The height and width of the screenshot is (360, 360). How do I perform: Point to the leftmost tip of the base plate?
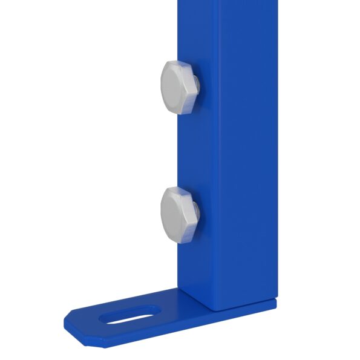point(65,319)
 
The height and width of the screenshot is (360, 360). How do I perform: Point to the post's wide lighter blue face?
point(242,151)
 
